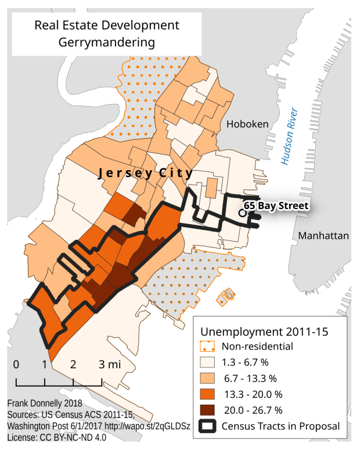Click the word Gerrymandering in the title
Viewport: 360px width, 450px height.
[107, 42]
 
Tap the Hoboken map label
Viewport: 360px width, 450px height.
[247, 124]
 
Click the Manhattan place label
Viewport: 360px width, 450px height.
[323, 236]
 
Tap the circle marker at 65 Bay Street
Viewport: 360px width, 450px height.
[242, 213]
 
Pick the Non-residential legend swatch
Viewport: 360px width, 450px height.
[209, 347]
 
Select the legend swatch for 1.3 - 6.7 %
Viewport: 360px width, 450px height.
[209, 362]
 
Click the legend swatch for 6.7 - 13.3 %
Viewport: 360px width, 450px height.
[209, 378]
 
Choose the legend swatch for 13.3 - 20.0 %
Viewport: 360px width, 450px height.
[209, 394]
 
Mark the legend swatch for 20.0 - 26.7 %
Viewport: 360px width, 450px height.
[209, 410]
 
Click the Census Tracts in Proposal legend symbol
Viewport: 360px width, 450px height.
[209, 426]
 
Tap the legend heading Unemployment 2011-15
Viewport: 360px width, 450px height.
[265, 332]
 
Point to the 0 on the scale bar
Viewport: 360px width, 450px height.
[16, 365]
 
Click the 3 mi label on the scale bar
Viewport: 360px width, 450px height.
[109, 365]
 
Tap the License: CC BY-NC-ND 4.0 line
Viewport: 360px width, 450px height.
[57, 437]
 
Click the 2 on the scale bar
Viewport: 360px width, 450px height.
[73, 365]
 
